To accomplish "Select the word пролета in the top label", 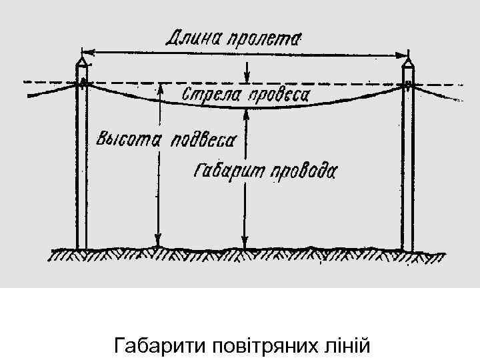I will point(265,38).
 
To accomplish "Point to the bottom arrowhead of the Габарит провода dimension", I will point(246,245).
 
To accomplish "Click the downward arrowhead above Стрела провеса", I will point(247,75).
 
